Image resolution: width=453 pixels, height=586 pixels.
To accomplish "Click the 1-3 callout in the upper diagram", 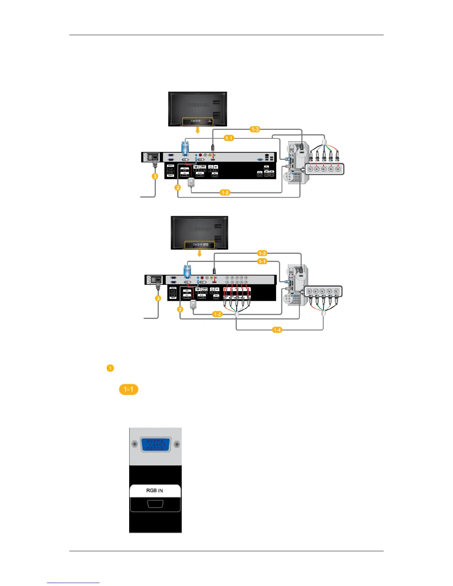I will coord(255,129).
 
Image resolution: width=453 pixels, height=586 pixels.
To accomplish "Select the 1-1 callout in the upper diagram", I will coord(229,138).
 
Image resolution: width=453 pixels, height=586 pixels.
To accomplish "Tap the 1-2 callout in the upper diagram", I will coord(225,192).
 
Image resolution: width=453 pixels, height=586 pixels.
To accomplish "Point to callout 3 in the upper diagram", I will coord(155,176).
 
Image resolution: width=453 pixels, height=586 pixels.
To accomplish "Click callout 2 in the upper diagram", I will coord(178,188).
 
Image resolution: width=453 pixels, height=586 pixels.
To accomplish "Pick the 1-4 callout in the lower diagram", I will coord(277,330).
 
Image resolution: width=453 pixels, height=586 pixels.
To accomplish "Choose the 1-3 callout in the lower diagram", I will coord(262,253).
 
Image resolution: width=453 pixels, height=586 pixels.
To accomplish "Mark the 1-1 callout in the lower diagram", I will coord(262,262).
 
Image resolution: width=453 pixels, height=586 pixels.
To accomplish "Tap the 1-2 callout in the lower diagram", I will coord(217,314).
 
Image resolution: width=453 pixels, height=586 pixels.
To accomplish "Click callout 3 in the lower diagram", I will coord(158,298).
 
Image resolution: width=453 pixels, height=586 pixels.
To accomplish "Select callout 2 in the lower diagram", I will coord(180,309).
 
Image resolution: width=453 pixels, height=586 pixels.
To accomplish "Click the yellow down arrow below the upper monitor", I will coord(198,130).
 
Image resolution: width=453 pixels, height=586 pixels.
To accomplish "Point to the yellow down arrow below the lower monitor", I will coord(200,253).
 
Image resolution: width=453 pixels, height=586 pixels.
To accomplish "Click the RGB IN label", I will coord(155,491).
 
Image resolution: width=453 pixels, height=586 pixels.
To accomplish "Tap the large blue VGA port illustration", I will coord(155,444).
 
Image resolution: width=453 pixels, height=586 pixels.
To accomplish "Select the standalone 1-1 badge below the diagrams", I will coord(128,389).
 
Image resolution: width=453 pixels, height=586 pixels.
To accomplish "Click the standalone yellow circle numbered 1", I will coord(110,368).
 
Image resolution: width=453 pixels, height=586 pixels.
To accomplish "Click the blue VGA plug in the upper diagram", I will coord(185,148).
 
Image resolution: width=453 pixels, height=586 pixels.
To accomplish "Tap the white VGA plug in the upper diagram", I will coord(191,182).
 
